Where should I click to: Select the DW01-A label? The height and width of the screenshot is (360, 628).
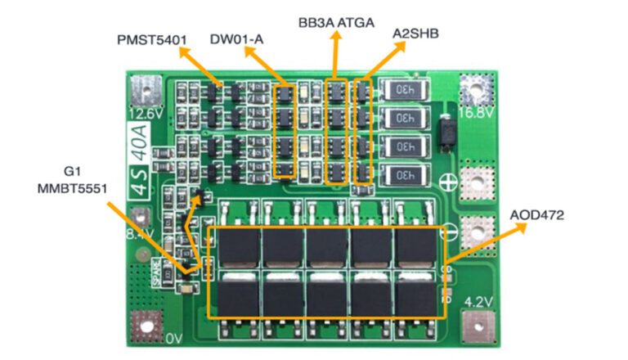pos(236,38)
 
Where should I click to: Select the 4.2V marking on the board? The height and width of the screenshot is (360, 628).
pos(477,302)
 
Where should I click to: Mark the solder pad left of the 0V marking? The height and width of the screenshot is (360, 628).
pos(146,329)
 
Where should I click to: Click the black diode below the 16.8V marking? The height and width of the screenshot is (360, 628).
pos(446,133)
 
